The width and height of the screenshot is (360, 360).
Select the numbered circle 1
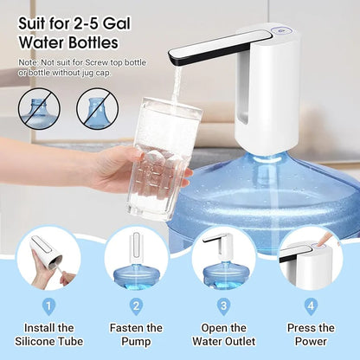(x=48, y=305)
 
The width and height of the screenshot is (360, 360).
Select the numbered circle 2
(x=136, y=305)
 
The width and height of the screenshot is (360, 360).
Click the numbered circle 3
(x=222, y=305)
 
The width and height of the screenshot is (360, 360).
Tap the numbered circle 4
(x=310, y=305)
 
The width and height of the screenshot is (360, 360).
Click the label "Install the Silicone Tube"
(x=48, y=335)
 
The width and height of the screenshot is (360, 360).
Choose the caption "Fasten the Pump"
(x=136, y=335)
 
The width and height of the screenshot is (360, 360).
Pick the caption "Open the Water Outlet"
(x=222, y=335)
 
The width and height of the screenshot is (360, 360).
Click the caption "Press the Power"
(x=310, y=335)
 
